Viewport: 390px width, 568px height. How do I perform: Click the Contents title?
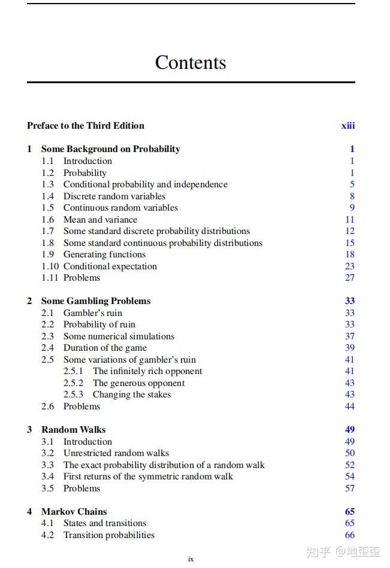[x=191, y=62]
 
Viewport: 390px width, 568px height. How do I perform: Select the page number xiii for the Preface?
[x=348, y=126]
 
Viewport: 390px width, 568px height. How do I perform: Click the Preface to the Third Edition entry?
[x=86, y=126]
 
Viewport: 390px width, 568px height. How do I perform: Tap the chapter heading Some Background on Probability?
[x=110, y=149]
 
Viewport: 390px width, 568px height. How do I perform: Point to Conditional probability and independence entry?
[x=146, y=184]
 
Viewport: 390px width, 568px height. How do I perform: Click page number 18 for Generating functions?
[x=350, y=254]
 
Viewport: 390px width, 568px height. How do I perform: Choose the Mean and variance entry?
[x=100, y=220]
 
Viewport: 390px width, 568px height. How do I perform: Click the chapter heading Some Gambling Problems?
[x=96, y=301]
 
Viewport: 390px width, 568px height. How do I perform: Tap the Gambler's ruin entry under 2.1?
[x=93, y=313]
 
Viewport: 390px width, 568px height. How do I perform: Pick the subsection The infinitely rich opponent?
[x=147, y=371]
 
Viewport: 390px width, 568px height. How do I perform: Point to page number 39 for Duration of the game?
[x=350, y=348]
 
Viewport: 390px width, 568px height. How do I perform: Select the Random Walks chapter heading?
[x=74, y=430]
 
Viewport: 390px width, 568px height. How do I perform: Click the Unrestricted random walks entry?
[x=116, y=453]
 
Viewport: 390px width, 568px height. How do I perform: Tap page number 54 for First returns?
[x=350, y=476]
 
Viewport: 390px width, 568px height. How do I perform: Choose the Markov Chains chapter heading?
[x=74, y=512]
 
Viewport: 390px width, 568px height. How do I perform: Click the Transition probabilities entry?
[x=109, y=535]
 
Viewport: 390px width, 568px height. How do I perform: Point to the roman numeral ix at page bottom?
[x=191, y=559]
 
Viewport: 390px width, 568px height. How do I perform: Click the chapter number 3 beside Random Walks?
[x=29, y=430]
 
